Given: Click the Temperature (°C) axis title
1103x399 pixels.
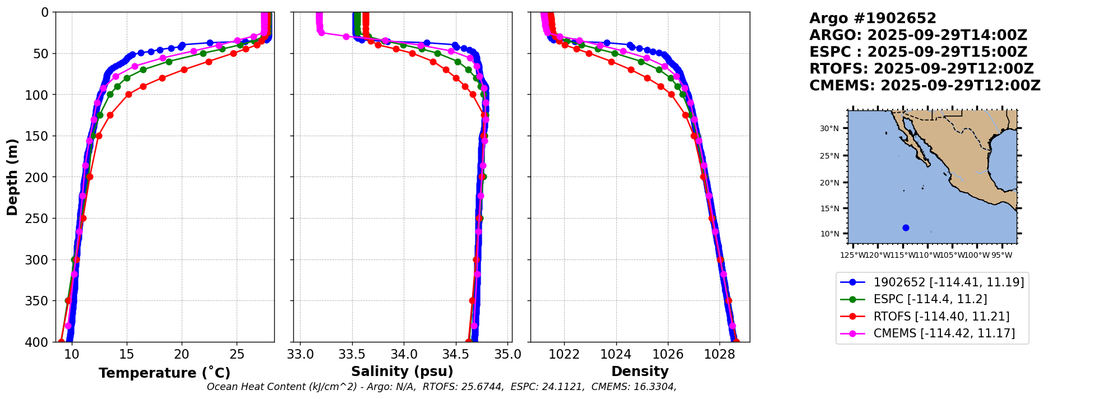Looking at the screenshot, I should [164, 373].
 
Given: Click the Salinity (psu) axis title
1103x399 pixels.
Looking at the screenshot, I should [402, 372].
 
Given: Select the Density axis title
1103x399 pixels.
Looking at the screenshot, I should [640, 372].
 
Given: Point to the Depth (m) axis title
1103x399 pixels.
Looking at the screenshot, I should [12, 177].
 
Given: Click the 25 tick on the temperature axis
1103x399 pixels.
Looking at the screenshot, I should [237, 355].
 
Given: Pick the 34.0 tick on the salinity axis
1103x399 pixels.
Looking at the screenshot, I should [404, 355].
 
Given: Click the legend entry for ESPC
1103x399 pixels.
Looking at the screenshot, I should [930, 299].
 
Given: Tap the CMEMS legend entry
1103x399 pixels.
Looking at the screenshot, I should [944, 333].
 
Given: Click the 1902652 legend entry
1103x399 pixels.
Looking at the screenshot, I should [948, 282].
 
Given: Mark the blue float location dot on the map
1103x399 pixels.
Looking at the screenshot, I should [906, 228].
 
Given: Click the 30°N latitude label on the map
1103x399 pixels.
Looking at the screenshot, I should [829, 129].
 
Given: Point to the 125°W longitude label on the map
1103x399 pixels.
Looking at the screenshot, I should [851, 256].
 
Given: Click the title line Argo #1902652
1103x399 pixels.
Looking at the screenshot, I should [873, 18].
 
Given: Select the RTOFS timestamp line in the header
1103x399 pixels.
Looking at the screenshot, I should [921, 69].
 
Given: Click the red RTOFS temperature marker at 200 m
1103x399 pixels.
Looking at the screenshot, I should [90, 177].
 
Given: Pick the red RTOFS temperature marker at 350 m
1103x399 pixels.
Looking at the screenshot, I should [68, 301].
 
